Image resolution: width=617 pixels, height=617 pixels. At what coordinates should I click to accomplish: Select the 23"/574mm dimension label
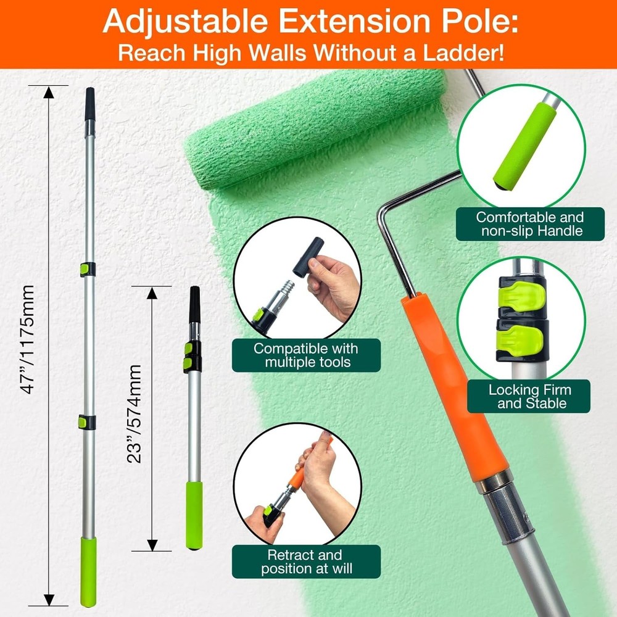(135, 413)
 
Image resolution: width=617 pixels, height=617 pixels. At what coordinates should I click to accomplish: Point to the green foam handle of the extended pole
(88, 571)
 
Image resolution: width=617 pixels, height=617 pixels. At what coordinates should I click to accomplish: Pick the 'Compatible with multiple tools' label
(306, 355)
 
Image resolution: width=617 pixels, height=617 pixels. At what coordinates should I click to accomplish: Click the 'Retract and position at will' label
(306, 561)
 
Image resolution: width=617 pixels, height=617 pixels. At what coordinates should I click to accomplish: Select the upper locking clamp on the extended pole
(87, 269)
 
